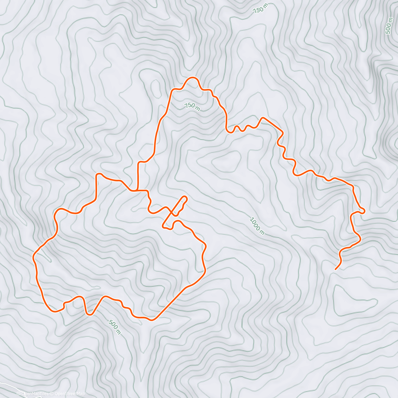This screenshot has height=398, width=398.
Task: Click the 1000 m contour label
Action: click(x=257, y=226)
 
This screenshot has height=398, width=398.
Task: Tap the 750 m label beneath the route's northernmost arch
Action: click(x=192, y=106)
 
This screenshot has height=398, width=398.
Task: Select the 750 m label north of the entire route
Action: click(x=260, y=9)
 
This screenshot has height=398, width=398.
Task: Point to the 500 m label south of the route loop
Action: click(x=114, y=327)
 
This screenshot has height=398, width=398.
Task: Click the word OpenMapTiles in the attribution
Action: click(x=34, y=394)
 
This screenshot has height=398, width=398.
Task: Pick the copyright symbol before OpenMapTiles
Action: click(x=19, y=394)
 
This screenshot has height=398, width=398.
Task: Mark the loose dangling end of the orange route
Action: click(x=336, y=269)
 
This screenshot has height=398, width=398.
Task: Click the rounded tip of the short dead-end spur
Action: click(x=185, y=199)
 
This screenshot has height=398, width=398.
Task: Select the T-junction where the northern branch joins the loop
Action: click(x=137, y=190)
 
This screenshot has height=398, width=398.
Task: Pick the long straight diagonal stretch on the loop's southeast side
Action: click(x=169, y=302)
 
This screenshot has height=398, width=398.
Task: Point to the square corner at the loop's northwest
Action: click(x=97, y=174)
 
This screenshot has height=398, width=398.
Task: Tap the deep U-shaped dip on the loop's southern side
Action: click(x=88, y=313)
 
